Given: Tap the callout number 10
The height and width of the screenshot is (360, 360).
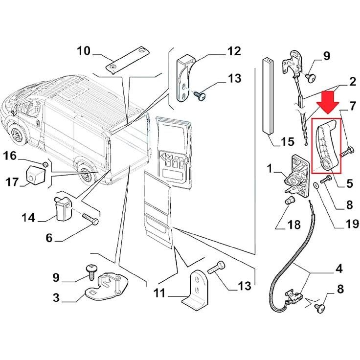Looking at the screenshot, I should point(84,50).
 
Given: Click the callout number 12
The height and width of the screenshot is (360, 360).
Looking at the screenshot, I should point(234,51).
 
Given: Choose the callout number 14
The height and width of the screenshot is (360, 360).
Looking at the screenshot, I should point(28,217).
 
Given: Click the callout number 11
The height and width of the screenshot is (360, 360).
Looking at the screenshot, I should point(159,293).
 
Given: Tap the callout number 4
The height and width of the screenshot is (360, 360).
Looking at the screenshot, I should point(338,269).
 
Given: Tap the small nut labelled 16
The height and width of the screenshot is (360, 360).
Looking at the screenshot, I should point(46,163).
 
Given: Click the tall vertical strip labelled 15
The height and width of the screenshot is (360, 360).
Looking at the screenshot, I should point(268,95).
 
